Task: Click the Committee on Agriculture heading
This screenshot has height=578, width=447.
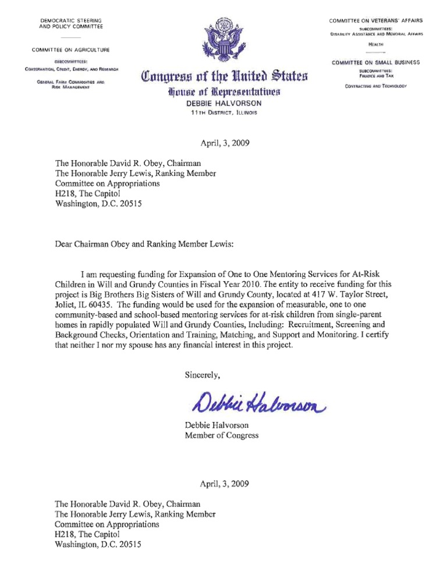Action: pos(71,49)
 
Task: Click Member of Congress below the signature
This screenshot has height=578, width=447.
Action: pos(222,435)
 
